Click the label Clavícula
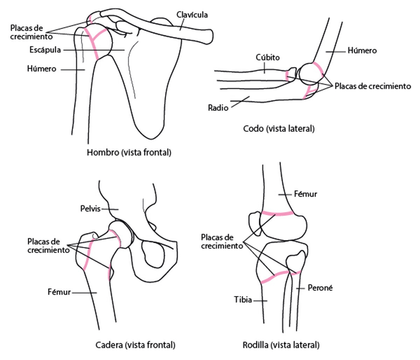[x=192, y=15]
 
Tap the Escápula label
[x=45, y=50]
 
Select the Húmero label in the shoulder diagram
[x=42, y=69]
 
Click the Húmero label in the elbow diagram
[x=362, y=51]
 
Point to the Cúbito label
[x=267, y=57]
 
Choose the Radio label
[x=218, y=107]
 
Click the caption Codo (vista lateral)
[x=278, y=128]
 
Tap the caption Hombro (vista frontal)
[x=129, y=152]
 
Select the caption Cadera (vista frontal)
[x=135, y=345]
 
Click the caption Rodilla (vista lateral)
[x=281, y=345]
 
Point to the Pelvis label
[x=90, y=209]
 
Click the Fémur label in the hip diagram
[x=59, y=292]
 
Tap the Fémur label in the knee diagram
[x=305, y=194]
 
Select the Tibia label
[x=243, y=299]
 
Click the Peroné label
[x=320, y=288]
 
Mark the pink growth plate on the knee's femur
[x=277, y=214]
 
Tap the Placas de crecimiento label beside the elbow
[x=373, y=86]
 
